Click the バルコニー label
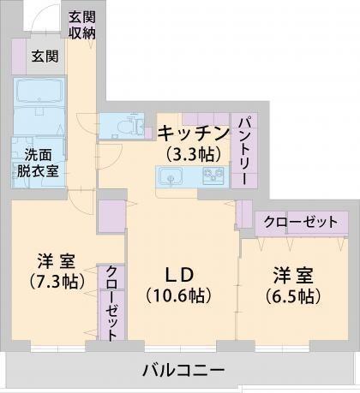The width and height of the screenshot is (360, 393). click(x=183, y=371)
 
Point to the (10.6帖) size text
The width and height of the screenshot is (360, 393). click(x=179, y=296)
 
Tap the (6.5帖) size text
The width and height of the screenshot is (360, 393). click(x=294, y=296)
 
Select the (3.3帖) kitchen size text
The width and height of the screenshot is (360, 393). click(x=193, y=154)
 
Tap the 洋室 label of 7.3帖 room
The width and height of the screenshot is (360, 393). click(x=55, y=259)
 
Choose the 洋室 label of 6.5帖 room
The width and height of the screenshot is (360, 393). click(x=292, y=276)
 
